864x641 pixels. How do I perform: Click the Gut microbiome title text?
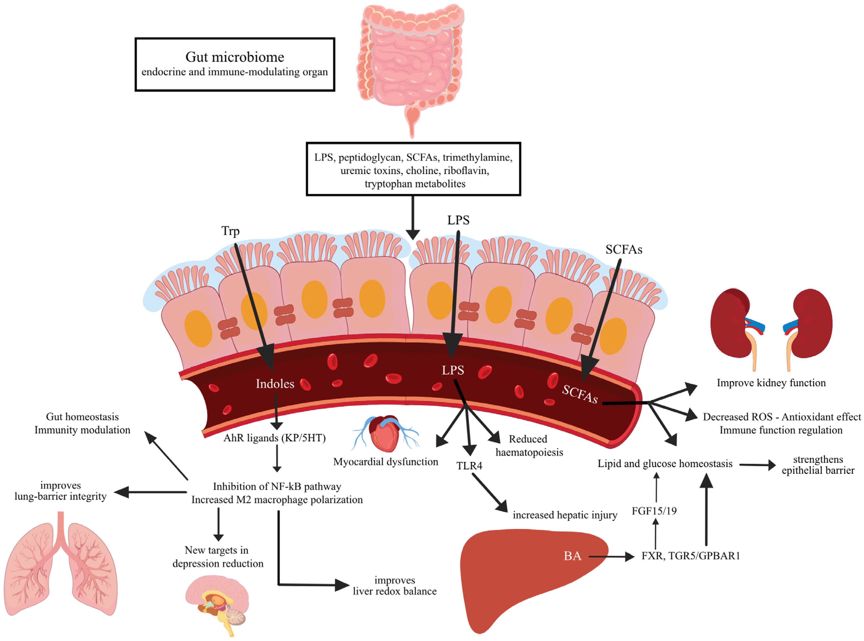(235, 57)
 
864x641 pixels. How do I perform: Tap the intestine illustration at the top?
(411, 58)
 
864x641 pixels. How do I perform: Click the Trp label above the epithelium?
(230, 231)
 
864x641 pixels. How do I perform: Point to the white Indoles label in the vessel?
(275, 384)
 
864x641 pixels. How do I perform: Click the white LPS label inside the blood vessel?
(453, 370)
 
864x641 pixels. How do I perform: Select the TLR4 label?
(469, 466)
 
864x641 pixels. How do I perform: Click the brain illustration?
(217, 599)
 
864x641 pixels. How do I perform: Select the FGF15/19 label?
(654, 511)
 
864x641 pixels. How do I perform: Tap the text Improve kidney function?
(771, 383)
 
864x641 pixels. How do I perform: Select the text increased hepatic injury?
(565, 515)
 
